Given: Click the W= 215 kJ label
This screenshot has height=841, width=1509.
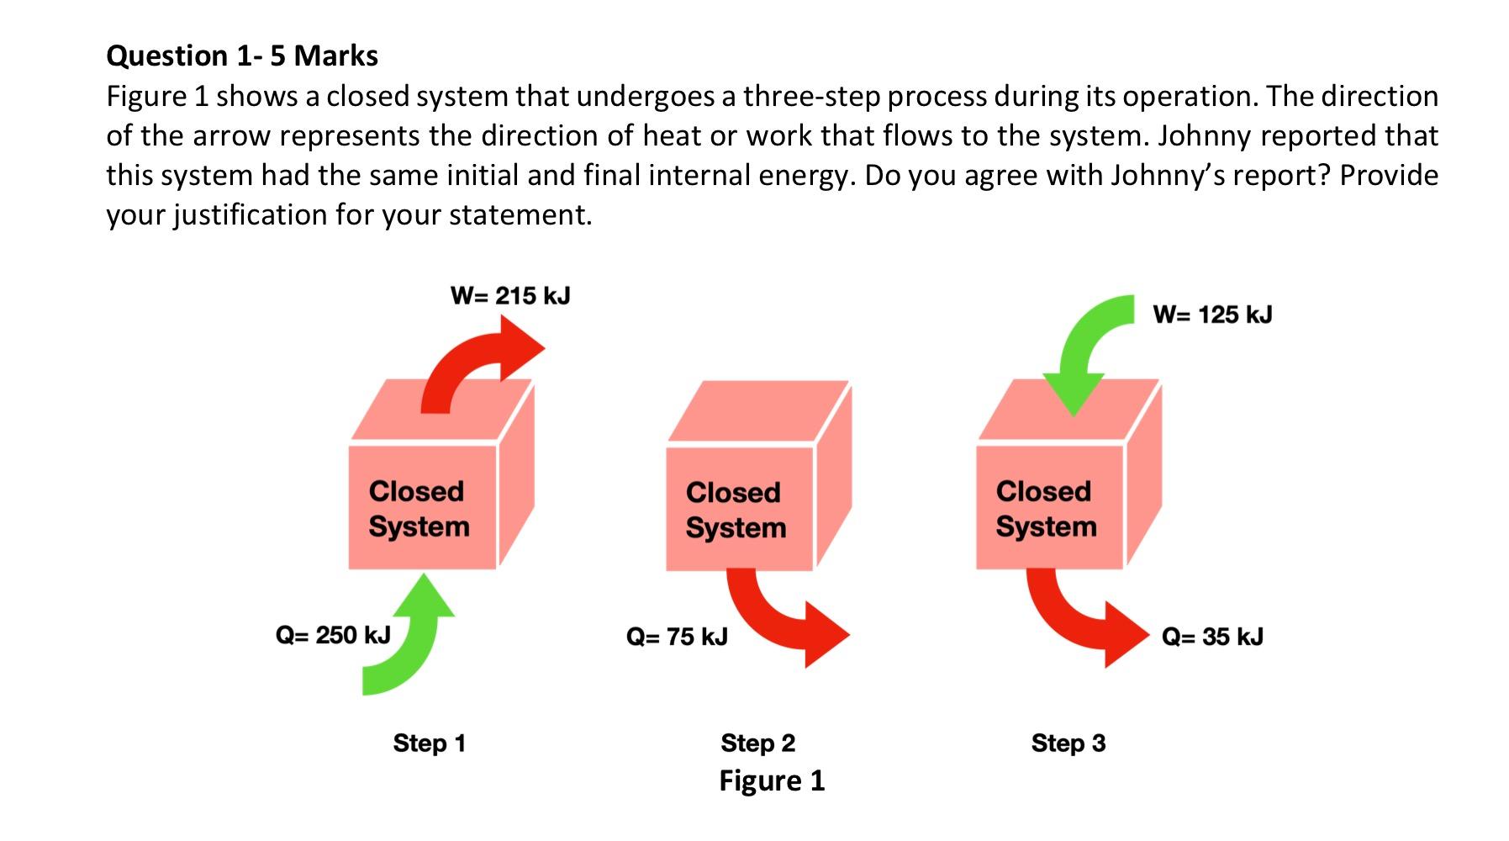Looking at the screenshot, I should (510, 296).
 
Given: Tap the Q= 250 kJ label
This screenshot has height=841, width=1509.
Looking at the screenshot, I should (333, 634).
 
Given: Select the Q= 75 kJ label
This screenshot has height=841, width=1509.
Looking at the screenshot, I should (677, 637).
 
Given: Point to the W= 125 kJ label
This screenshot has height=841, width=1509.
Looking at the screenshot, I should (1212, 315).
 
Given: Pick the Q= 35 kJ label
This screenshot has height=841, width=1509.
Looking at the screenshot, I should (1212, 637).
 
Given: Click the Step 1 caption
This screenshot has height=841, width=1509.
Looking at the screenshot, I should (429, 743).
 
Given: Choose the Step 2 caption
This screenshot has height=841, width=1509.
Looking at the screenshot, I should (757, 743).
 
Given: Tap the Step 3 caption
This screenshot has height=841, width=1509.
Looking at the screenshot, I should (1068, 743).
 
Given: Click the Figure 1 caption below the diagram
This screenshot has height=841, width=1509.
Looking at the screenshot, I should (772, 781).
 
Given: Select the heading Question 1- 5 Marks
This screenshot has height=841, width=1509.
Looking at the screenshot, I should (242, 56).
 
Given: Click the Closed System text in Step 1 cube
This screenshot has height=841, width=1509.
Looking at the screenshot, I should (418, 509).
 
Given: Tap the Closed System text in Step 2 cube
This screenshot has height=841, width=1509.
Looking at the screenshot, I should (736, 510).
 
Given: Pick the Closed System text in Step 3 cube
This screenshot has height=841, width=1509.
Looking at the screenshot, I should (1046, 509).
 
